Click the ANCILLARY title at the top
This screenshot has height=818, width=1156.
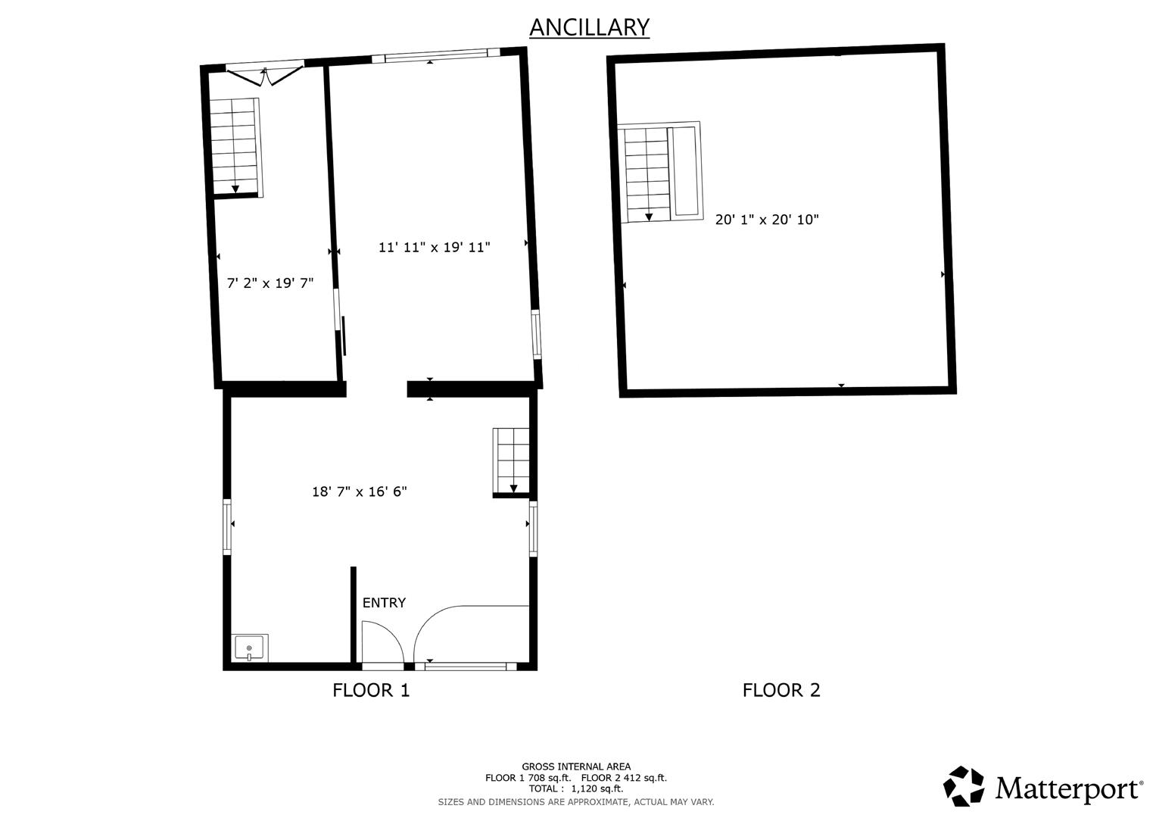[x=589, y=27]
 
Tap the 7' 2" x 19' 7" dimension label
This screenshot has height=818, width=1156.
[x=270, y=283]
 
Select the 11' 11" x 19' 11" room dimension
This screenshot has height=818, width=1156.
[x=434, y=248]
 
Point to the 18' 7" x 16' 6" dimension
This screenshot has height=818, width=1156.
[x=359, y=491]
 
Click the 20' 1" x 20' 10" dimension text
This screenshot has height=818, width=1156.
[x=767, y=220]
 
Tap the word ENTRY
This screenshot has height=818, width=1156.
[x=384, y=603]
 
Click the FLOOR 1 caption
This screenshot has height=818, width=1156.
[x=371, y=691]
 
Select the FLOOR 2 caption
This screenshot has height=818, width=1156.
[x=781, y=691]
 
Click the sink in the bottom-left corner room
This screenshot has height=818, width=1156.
[x=249, y=648]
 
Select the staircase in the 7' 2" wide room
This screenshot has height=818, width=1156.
[x=235, y=147]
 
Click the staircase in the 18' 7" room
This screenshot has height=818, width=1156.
[x=512, y=462]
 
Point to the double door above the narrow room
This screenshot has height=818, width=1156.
[x=265, y=73]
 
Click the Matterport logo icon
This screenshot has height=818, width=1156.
[x=964, y=785]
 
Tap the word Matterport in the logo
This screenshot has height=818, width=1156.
[x=1067, y=788]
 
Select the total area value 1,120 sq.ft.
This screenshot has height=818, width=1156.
[x=597, y=788]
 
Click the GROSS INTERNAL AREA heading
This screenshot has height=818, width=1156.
[x=576, y=766]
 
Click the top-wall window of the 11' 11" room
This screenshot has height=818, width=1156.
[x=436, y=55]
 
